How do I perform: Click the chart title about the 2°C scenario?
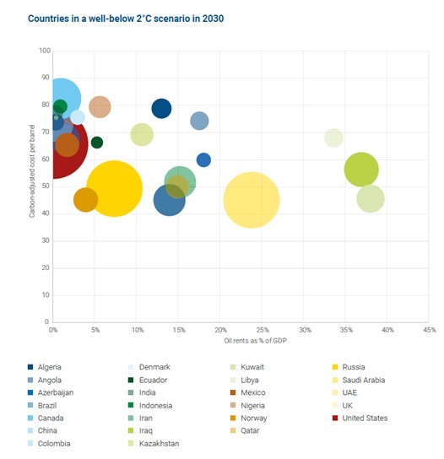click(x=126, y=19)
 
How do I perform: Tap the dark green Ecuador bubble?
click(x=97, y=143)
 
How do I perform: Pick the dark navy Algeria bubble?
click(x=161, y=109)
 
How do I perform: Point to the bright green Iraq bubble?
click(x=361, y=170)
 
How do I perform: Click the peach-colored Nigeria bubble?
click(x=100, y=107)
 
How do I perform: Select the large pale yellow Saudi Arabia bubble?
click(x=252, y=200)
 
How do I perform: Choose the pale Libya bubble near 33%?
click(x=333, y=138)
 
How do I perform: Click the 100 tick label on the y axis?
click(x=45, y=51)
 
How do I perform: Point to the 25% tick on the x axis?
click(x=263, y=330)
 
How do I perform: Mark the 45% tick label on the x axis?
click(x=430, y=330)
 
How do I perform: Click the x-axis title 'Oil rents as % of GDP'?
click(x=256, y=341)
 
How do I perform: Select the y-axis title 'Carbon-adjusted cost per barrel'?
click(x=32, y=171)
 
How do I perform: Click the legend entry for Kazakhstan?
click(x=154, y=444)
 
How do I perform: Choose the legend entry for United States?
click(x=360, y=418)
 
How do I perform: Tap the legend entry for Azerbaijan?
click(x=51, y=392)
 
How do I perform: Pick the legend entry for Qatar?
click(x=245, y=430)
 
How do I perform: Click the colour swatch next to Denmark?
click(x=131, y=367)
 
